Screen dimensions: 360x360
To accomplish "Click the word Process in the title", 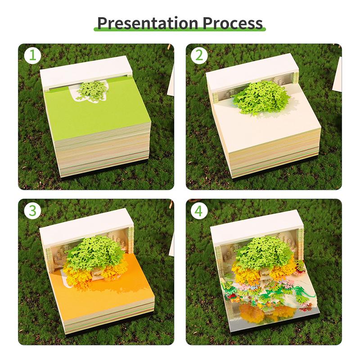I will pyautogui.click(x=232, y=22).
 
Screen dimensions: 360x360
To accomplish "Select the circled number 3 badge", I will pyautogui.click(x=32, y=211).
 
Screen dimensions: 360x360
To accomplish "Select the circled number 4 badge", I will pyautogui.click(x=199, y=211).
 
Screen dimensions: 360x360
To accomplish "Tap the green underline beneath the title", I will pyautogui.click(x=180, y=31).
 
